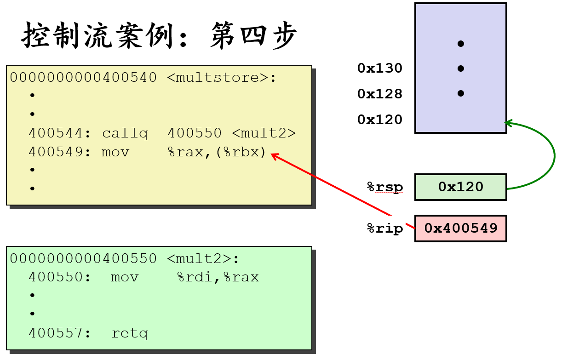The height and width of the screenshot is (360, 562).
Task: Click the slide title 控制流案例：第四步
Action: click(159, 35)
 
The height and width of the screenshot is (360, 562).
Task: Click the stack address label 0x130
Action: click(380, 69)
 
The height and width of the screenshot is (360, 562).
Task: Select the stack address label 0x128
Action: click(380, 94)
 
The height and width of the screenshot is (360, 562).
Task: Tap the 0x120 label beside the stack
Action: click(380, 120)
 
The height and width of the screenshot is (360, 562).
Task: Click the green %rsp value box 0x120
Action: click(460, 187)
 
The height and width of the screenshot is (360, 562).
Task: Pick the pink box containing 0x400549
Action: click(460, 228)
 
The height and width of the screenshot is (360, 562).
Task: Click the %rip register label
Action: click(385, 229)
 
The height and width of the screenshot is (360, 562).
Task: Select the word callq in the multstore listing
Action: click(125, 134)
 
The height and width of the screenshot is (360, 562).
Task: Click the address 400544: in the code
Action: click(60, 134)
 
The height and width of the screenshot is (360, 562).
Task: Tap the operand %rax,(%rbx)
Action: click(217, 152)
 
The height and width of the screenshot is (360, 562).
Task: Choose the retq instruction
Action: click(130, 333)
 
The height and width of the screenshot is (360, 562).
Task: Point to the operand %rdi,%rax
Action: click(218, 277)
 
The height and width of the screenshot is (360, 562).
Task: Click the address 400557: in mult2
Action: click(60, 333)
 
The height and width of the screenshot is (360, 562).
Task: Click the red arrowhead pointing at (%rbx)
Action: click(274, 156)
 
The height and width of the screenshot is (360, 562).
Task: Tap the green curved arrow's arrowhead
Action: click(509, 123)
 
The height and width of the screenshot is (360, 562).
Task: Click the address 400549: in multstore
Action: click(60, 152)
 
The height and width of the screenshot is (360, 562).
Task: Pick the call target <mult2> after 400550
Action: click(264, 134)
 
